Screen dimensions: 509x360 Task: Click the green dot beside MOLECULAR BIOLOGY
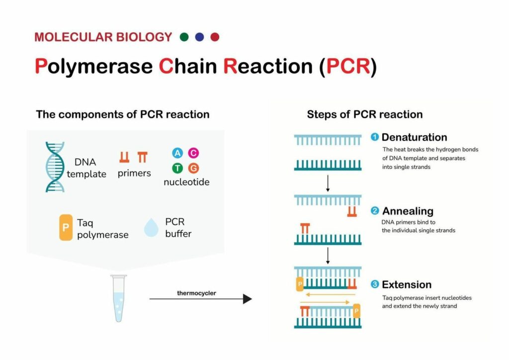(x=184, y=37)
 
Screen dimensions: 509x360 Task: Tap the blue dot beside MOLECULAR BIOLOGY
(x=199, y=37)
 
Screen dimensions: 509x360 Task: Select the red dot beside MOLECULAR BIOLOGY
(x=215, y=37)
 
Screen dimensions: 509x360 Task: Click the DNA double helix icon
(x=55, y=167)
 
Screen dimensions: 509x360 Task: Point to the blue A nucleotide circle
(x=177, y=153)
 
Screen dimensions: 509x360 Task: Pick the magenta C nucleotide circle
(x=193, y=153)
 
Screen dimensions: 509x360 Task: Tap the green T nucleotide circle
(x=177, y=168)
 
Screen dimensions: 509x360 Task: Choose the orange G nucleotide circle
(x=193, y=168)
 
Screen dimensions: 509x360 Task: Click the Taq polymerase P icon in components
(x=66, y=228)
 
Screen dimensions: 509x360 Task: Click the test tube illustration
(x=118, y=298)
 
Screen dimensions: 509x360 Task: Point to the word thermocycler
(x=196, y=293)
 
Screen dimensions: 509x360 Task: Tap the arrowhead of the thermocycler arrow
(x=248, y=299)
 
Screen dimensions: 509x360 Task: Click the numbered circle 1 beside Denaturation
(x=375, y=137)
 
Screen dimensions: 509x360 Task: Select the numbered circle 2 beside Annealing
(x=375, y=211)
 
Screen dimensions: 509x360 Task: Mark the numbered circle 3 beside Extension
(x=375, y=284)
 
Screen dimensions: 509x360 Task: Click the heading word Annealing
(x=408, y=211)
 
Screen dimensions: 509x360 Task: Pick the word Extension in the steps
(x=407, y=285)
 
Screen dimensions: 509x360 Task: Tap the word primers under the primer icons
(x=134, y=174)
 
